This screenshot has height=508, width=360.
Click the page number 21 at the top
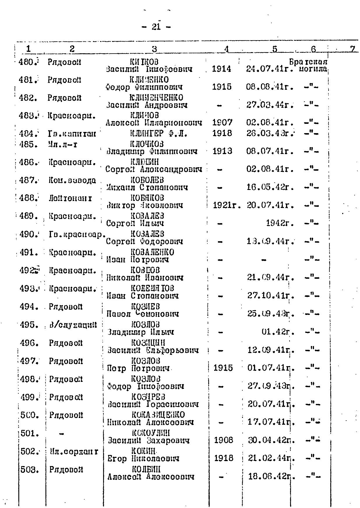click(x=156, y=27)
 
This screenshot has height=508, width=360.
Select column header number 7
click(x=353, y=49)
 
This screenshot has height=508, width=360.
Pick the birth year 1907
click(x=222, y=123)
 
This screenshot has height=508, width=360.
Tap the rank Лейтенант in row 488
click(x=70, y=199)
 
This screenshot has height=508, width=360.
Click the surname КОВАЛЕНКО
click(x=152, y=252)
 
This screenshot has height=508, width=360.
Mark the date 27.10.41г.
click(x=270, y=296)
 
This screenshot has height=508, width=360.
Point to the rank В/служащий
click(x=73, y=325)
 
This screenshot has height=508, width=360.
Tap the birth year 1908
click(x=223, y=440)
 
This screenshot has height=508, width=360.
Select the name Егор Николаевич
click(x=143, y=459)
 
